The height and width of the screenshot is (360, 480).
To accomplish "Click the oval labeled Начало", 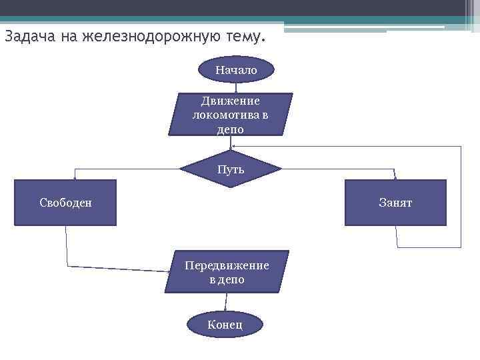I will coord(236,69).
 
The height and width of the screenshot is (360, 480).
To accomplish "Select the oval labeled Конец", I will coord(225,325).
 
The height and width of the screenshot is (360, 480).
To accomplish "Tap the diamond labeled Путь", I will coord(231,169).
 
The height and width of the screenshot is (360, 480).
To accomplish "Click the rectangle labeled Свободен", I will coord(65,203).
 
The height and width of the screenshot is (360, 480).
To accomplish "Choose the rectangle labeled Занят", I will coord(395,203).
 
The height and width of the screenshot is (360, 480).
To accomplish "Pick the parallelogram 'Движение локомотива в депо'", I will coord(231,115).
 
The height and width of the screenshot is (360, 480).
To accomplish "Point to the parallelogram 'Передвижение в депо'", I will coord(227,272).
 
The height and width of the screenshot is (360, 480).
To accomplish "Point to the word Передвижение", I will coord(227,265).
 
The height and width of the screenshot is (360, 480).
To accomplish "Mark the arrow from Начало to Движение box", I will coord(236,87).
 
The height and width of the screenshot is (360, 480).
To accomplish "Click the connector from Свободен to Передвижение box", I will coord(113,268).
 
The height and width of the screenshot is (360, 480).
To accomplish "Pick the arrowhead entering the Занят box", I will coord(395,177).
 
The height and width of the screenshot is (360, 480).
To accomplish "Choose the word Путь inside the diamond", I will coord(231,169).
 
